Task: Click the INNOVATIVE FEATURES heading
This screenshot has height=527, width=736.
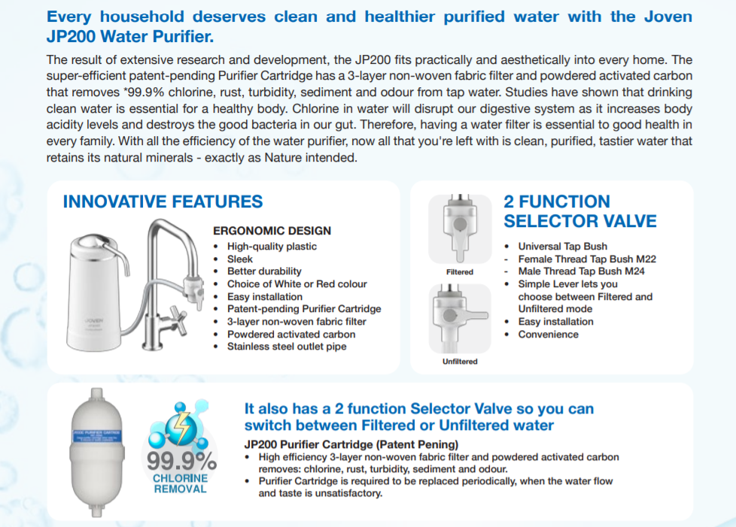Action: point(163,201)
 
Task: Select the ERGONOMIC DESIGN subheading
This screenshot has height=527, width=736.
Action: point(272,231)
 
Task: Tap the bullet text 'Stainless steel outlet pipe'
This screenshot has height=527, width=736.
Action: point(287,347)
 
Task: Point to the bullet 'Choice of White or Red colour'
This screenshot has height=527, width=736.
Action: point(297,284)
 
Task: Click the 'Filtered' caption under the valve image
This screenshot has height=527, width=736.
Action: point(460,272)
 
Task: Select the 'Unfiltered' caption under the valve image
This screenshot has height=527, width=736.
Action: point(460,362)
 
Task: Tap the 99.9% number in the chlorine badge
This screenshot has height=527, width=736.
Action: point(181,462)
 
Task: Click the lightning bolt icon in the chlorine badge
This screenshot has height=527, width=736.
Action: point(181,427)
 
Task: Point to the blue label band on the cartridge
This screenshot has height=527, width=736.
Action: point(96,437)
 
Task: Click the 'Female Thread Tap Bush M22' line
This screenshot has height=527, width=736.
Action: point(587,259)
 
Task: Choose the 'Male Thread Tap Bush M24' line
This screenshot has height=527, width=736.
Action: point(582,271)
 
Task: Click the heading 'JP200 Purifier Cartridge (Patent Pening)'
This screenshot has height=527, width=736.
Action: point(351,444)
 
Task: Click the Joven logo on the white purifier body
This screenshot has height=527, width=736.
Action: point(94,321)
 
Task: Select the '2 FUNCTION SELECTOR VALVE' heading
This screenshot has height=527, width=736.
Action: point(580,211)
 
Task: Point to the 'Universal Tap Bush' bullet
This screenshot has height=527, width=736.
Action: point(563,247)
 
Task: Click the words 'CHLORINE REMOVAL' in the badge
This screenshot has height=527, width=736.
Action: point(181,483)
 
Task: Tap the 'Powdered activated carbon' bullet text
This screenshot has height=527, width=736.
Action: point(291,335)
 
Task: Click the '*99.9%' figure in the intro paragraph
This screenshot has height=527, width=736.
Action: point(144,92)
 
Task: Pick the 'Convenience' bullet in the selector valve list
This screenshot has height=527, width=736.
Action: point(549,335)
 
